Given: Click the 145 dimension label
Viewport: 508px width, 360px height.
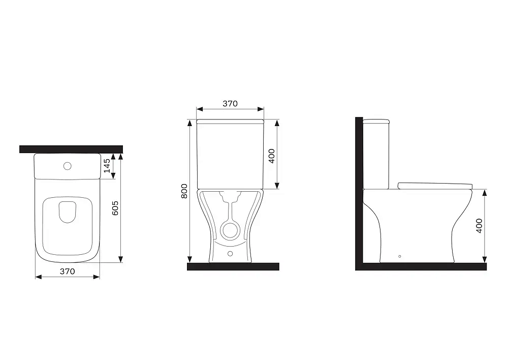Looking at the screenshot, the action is tap(107, 166).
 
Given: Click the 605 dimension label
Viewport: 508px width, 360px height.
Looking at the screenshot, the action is tap(115, 208).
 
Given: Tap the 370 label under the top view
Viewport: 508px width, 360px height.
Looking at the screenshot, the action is tap(68, 272).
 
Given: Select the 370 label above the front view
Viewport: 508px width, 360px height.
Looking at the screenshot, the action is tap(230, 104).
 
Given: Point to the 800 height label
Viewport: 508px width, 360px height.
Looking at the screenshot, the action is tap(184, 191).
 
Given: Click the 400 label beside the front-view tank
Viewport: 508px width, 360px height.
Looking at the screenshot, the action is tap(272, 156).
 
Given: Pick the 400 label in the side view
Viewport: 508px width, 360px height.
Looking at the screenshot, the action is tap(479, 226).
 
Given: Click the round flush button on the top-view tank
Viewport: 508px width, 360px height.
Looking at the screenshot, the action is tap(68, 166).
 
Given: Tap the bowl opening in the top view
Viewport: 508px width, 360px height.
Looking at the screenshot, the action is tap(68, 212).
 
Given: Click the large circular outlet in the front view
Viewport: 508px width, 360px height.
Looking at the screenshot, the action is tap(230, 230).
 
